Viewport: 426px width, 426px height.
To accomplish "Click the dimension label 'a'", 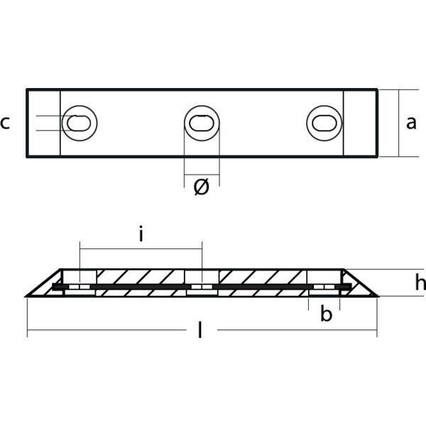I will [411, 123].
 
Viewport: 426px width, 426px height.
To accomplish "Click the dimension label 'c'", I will [6, 123].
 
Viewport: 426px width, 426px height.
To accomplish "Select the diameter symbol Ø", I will [202, 188].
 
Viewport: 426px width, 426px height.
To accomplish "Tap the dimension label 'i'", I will [141, 234].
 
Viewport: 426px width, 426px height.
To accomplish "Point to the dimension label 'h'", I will [420, 283].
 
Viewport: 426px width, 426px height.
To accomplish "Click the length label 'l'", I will [200, 330].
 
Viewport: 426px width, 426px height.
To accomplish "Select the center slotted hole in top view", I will [202, 123].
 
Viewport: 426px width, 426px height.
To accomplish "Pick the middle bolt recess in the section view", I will [201, 282].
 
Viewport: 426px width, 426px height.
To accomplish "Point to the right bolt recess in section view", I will [324, 282].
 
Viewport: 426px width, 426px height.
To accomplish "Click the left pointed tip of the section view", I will [27, 295].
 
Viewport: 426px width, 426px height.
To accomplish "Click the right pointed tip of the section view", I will [376, 295].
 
